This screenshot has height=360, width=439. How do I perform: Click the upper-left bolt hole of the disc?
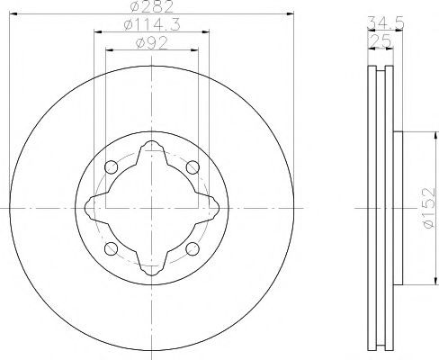pos(111,167)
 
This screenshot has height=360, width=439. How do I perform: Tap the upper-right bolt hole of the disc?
pos(192,167)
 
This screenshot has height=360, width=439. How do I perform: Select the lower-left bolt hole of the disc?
pos(111,248)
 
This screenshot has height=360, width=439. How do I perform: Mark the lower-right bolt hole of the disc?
pos(192,248)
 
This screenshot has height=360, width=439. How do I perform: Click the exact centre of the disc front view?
pos(151,208)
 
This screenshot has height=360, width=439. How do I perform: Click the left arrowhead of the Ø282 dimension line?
pos(16,14)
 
